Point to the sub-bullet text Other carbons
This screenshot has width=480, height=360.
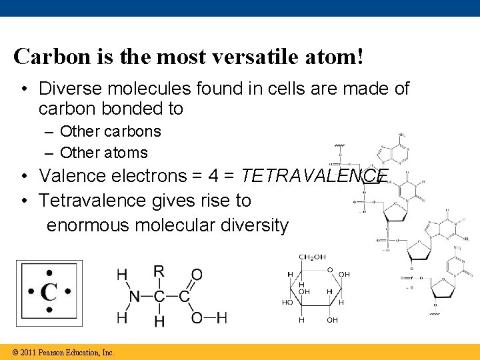[111, 132]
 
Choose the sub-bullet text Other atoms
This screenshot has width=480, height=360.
[104, 153]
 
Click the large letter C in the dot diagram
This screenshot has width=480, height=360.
[49, 292]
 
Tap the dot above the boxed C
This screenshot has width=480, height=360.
[49, 273]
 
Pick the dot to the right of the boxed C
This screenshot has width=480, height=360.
[68, 292]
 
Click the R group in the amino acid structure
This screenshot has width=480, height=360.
[159, 271]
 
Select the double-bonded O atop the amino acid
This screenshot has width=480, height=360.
[197, 275]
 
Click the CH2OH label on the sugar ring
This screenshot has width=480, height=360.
[312, 257]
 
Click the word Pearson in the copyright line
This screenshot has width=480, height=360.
[55, 352]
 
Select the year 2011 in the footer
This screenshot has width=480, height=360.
[29, 352]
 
